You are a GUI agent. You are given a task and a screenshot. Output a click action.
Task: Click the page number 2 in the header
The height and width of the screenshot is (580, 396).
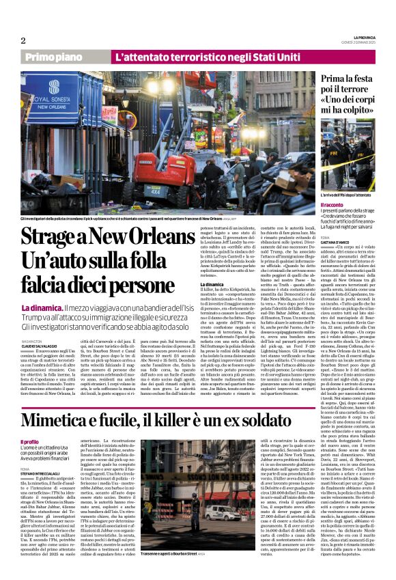pyautogui.click(x=24, y=41)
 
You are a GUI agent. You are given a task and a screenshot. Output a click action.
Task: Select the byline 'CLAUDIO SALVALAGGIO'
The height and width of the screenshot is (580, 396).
pyautogui.click(x=41, y=344)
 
